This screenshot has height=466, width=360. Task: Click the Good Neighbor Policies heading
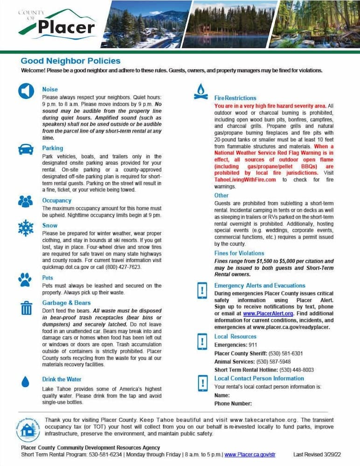(x=70, y=61)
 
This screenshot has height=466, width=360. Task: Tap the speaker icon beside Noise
(x=26, y=91)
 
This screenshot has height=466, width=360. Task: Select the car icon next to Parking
(x=26, y=149)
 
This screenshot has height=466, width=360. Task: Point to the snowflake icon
(x=26, y=228)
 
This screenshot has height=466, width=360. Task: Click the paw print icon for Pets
(x=26, y=279)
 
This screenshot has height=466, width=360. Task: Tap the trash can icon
(x=27, y=308)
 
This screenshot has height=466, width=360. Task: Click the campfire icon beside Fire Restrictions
(x=201, y=92)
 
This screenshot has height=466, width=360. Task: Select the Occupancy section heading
(x=56, y=200)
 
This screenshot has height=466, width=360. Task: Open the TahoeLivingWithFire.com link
(x=245, y=179)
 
